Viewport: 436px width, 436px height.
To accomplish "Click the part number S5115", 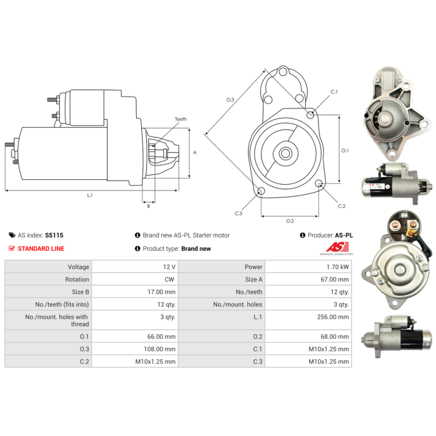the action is (54, 235).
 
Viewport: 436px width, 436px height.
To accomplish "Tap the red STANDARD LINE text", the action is (41, 249).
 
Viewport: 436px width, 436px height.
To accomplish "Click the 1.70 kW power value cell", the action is (337, 267).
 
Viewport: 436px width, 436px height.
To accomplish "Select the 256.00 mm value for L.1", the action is (333, 317).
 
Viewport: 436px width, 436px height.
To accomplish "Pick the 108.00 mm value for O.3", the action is (160, 349).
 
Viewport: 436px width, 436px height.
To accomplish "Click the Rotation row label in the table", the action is (77, 280).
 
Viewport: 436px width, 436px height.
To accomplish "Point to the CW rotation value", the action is (169, 280).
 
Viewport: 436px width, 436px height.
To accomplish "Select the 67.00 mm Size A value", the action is (335, 280).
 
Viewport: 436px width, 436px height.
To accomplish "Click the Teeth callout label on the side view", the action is (181, 119).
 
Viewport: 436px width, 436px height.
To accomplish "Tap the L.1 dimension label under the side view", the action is (90, 195).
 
